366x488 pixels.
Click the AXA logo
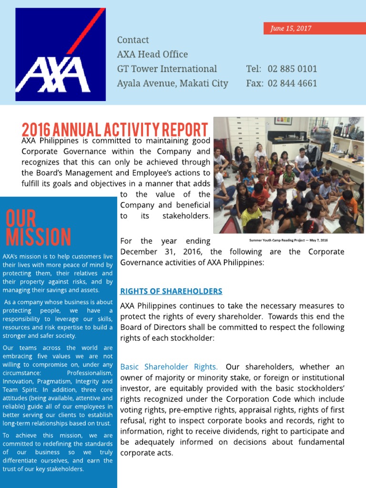(x=61, y=54)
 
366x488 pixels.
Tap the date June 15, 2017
(x=291, y=29)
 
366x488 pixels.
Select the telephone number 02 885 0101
(x=292, y=69)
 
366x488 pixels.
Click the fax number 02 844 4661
(x=292, y=83)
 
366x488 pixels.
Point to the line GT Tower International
(x=167, y=69)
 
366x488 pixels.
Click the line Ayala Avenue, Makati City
(x=173, y=83)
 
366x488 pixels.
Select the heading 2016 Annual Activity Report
(x=115, y=130)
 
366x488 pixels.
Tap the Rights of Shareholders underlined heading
(x=171, y=291)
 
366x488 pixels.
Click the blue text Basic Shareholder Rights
(x=169, y=367)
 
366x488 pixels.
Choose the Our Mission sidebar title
(x=38, y=228)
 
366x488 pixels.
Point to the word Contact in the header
(x=133, y=40)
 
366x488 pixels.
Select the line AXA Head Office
(x=152, y=54)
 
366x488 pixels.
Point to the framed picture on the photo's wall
(x=283, y=121)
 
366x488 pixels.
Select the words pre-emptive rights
(x=175, y=410)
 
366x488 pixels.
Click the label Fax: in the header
(x=254, y=83)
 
